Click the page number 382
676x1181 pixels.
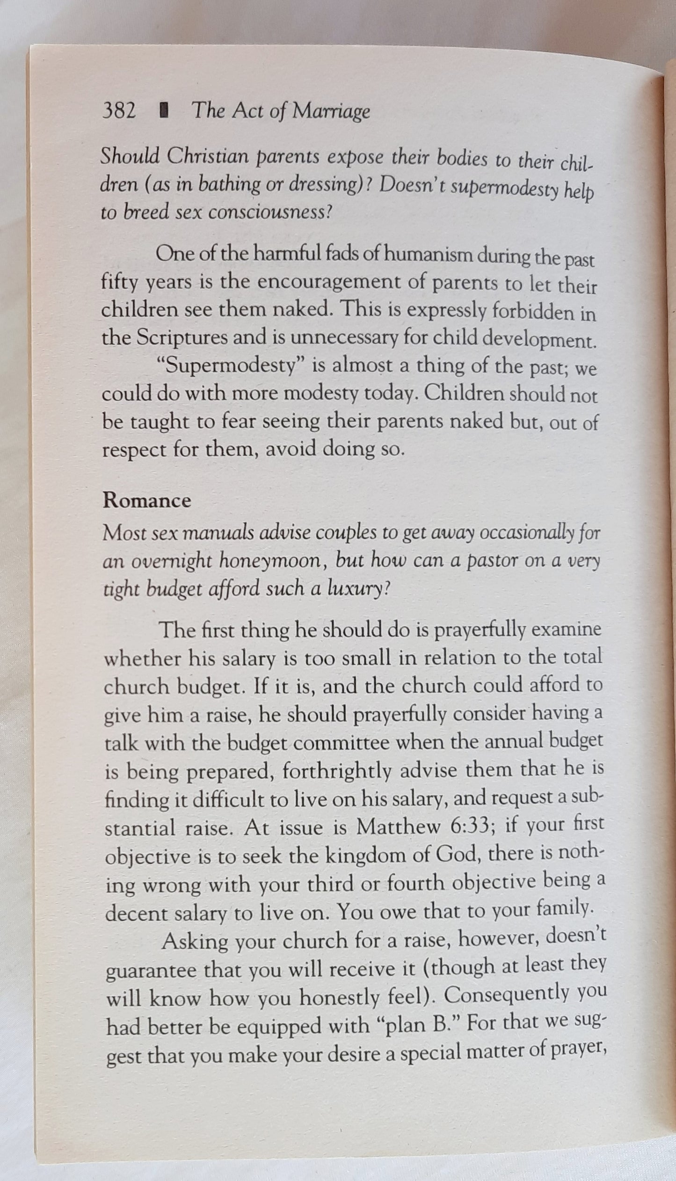coord(119,112)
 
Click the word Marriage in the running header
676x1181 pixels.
coord(331,113)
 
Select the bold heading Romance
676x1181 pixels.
coord(147,501)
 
